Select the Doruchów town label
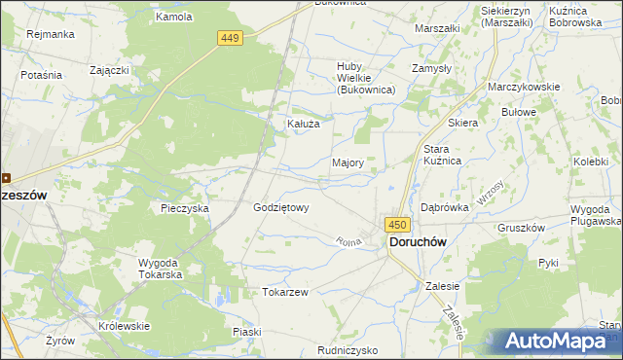(x=424, y=240)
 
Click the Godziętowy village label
(x=280, y=207)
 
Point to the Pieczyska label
(x=185, y=208)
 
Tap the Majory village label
(x=348, y=163)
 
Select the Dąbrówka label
(x=445, y=207)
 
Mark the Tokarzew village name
(x=285, y=292)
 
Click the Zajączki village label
(x=110, y=70)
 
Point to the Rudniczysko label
(x=348, y=349)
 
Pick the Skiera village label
(x=462, y=124)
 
